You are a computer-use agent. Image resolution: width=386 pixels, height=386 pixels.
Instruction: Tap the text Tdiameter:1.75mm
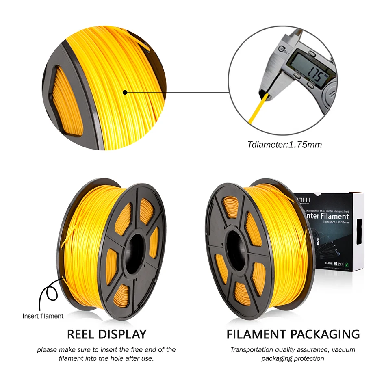(x=284, y=145)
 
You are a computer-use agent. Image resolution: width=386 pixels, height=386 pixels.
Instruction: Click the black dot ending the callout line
(x=125, y=92)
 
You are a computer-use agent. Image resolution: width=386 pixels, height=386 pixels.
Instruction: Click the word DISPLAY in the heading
(x=124, y=334)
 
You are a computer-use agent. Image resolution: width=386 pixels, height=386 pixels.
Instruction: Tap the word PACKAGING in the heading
(x=325, y=334)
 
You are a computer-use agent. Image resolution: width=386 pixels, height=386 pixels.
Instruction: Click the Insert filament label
(x=43, y=316)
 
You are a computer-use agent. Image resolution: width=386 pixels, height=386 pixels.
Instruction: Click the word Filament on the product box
(x=335, y=216)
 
